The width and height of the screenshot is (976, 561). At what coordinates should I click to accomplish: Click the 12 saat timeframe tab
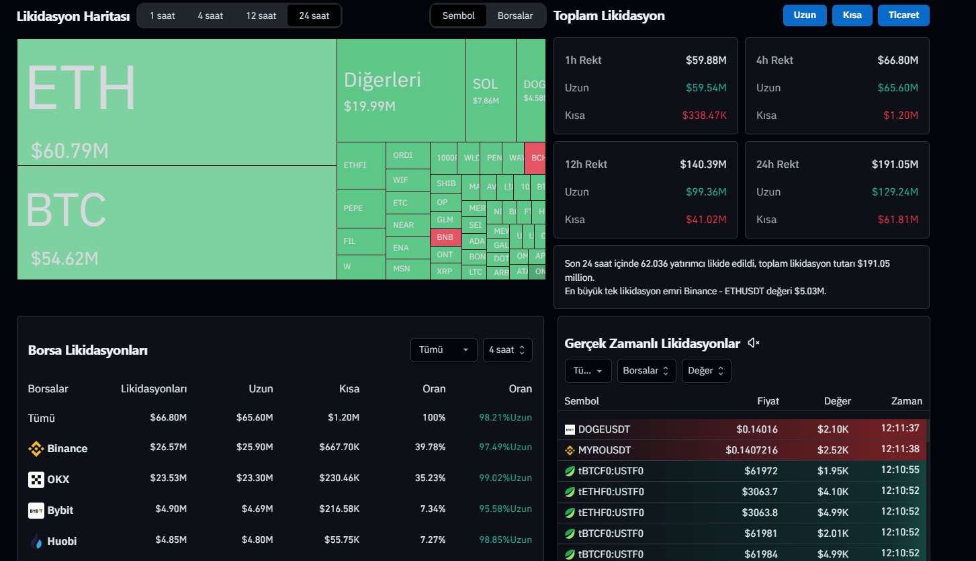(x=261, y=15)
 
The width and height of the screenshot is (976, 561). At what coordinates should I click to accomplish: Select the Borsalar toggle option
(x=515, y=15)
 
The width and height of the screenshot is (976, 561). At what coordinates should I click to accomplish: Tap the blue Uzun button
(x=805, y=15)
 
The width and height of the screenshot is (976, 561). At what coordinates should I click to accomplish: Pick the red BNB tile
(x=445, y=237)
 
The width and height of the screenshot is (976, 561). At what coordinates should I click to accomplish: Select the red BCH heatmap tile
(x=536, y=158)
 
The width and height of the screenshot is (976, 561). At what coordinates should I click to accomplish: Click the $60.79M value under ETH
(x=70, y=151)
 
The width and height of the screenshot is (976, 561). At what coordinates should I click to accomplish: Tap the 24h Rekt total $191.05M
(x=895, y=165)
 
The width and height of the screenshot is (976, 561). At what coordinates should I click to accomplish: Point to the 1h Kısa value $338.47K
(x=704, y=116)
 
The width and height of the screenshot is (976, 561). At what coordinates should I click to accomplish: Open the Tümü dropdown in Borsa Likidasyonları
(x=443, y=350)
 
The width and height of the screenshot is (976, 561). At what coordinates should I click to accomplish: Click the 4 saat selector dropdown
(x=507, y=350)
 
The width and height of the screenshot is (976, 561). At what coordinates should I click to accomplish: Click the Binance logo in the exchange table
(x=36, y=449)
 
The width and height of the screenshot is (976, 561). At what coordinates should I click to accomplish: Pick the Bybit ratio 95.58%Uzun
(x=505, y=510)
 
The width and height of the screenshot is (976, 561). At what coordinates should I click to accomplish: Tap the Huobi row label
(x=61, y=541)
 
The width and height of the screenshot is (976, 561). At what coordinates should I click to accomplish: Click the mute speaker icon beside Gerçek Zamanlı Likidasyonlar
(x=754, y=343)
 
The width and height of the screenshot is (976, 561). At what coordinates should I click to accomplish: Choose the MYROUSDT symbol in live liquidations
(x=604, y=450)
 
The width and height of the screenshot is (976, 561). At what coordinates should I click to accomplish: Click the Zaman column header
(x=906, y=401)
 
